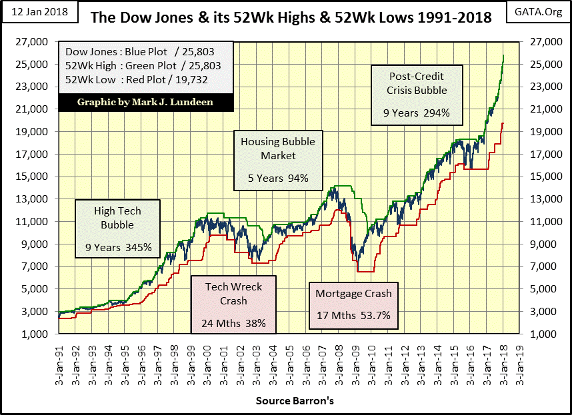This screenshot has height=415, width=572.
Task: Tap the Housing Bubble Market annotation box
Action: pos(278,160)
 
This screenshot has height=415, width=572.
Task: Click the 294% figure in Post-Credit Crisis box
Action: pos(436,113)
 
